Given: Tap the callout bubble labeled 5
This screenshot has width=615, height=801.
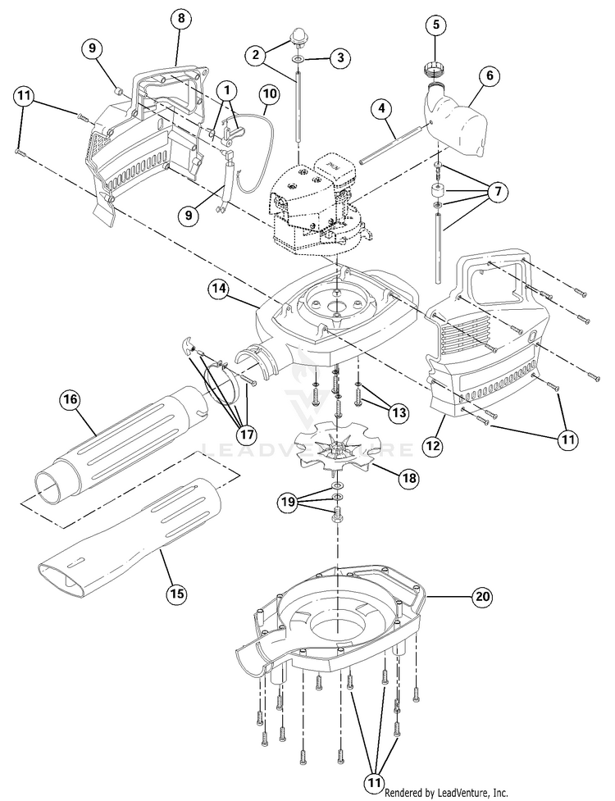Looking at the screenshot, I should click(436, 25).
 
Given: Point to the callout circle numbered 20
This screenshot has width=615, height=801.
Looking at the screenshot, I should click(483, 597).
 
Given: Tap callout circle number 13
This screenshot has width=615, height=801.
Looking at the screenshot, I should click(399, 412).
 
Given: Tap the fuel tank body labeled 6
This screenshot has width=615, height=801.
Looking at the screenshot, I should click(459, 125).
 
